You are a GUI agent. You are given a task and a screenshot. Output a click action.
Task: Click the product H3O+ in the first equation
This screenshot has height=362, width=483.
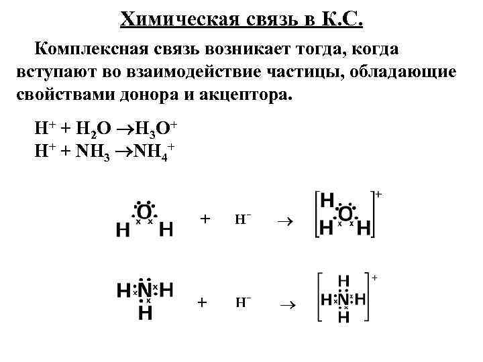point(155,127)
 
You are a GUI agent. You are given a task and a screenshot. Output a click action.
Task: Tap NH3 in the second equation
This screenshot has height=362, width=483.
point(92,148)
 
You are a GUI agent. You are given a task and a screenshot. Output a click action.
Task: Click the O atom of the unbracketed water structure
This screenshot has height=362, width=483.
point(144,213)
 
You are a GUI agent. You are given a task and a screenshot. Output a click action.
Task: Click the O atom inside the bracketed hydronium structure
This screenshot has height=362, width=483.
point(345,214)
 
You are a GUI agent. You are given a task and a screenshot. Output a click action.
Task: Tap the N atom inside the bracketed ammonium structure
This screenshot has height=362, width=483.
point(343,299)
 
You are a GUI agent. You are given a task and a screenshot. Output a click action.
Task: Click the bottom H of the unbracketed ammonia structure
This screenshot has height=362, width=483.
point(145,312)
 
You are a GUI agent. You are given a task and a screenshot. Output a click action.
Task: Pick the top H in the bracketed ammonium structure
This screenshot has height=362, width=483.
point(343,281)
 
